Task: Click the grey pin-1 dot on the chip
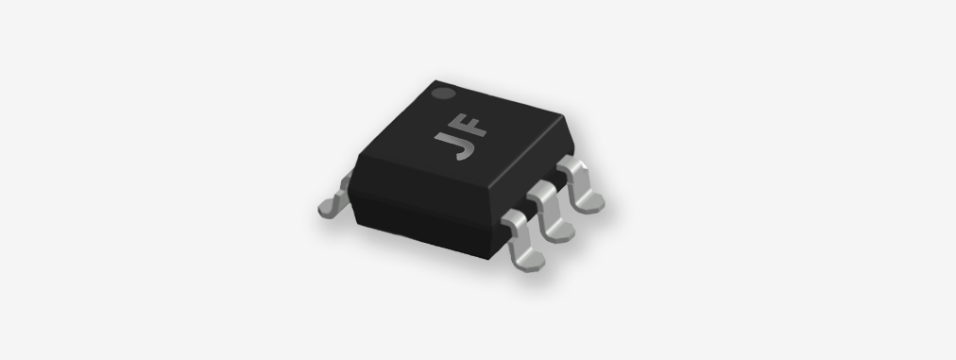point(443,94)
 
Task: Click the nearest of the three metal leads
point(521,240)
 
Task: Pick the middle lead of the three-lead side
point(550,212)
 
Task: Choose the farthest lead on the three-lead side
point(580,183)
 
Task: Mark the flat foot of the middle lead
point(558,232)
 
